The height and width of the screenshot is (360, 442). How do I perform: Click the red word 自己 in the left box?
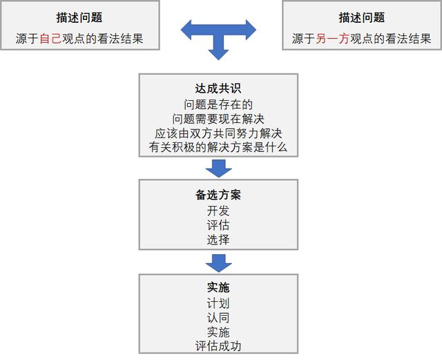click(50, 39)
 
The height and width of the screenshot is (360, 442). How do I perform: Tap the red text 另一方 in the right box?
click(332, 39)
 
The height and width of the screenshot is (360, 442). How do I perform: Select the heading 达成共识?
click(218, 88)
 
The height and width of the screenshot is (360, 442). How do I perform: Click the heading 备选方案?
click(218, 195)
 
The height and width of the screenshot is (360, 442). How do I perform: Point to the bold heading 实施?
click(218, 287)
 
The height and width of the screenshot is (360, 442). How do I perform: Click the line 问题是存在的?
click(218, 104)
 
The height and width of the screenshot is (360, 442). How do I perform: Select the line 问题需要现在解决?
click(218, 119)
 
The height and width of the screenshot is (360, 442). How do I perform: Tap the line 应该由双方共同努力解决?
click(218, 133)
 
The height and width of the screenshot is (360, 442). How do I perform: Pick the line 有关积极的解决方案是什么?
click(218, 147)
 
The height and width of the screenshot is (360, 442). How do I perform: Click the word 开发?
click(218, 211)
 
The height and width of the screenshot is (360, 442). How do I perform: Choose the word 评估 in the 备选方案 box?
click(218, 225)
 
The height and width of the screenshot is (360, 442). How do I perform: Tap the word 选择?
click(218, 240)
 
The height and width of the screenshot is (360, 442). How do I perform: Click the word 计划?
click(218, 303)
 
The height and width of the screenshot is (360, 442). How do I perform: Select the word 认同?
click(218, 318)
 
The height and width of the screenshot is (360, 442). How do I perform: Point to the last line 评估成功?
click(218, 346)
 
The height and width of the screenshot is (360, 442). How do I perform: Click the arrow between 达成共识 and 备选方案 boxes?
click(218, 169)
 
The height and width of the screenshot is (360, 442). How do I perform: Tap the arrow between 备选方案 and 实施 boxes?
click(218, 263)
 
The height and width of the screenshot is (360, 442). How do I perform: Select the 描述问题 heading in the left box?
click(79, 17)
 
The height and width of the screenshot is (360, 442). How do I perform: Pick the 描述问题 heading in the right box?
click(362, 17)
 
